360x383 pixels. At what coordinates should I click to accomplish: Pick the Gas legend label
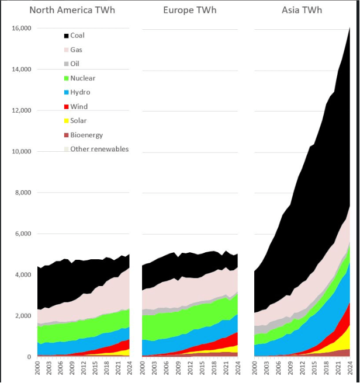(x=76, y=50)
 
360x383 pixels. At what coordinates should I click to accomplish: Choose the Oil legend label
(x=75, y=64)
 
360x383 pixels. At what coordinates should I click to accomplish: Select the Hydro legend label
(x=80, y=92)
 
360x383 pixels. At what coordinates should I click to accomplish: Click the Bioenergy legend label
(x=86, y=135)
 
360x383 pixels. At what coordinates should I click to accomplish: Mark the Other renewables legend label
(x=99, y=149)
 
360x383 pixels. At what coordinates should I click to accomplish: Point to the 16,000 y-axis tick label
(x=22, y=29)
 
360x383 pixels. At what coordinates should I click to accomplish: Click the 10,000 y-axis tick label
(x=22, y=152)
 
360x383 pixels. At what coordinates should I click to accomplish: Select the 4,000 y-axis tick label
(x=23, y=275)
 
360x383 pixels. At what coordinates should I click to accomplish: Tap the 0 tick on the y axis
(x=29, y=357)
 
